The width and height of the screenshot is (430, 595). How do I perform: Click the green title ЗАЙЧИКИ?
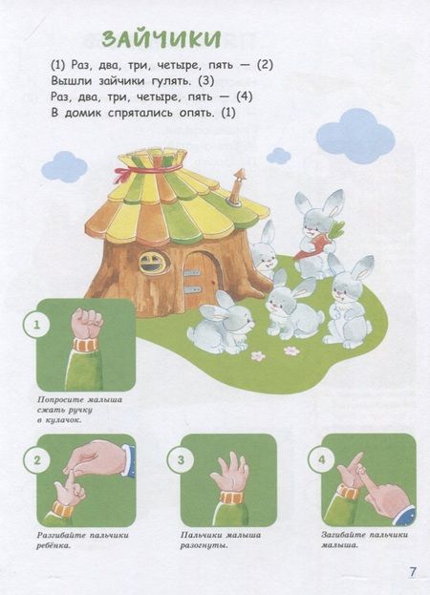click(161, 39)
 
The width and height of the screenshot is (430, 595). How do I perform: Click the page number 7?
click(413, 571)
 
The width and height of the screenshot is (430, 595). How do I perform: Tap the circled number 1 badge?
click(37, 325)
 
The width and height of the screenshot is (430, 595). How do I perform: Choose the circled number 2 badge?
click(37, 460)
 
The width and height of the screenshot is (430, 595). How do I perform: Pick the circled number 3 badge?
click(181, 460)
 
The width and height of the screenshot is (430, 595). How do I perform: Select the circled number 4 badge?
click(321, 460)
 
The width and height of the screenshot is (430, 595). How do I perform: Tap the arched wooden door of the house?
click(200, 280)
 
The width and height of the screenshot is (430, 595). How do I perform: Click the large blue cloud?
click(355, 136)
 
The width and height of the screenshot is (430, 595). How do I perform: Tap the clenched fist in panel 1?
click(87, 323)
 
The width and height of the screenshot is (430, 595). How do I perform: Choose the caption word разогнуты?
click(204, 546)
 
